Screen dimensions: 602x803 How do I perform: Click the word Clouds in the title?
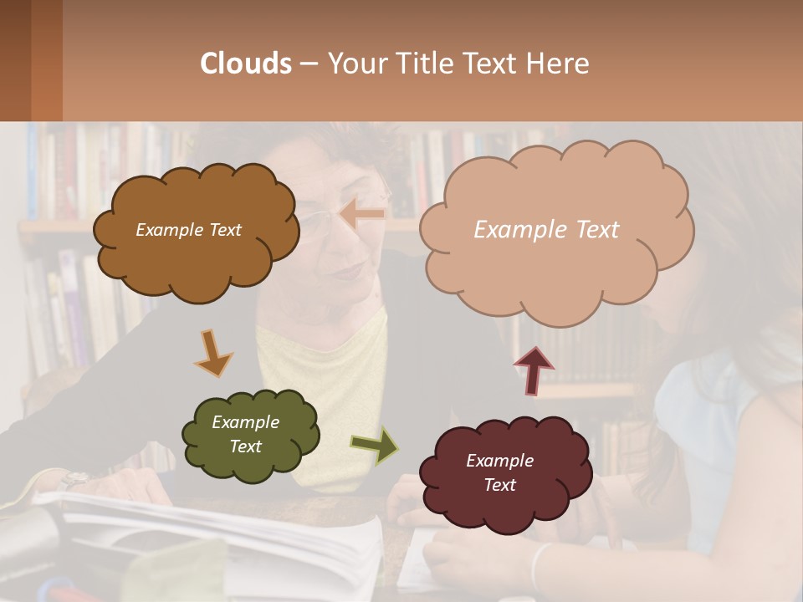click(246, 64)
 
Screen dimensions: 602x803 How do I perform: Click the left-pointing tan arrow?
click(363, 214)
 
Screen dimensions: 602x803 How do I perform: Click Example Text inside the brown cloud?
click(188, 230)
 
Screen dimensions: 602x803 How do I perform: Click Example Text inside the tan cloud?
click(546, 230)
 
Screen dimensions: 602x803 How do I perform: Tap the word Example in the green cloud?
click(245, 422)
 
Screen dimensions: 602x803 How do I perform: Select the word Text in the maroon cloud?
click(499, 485)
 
